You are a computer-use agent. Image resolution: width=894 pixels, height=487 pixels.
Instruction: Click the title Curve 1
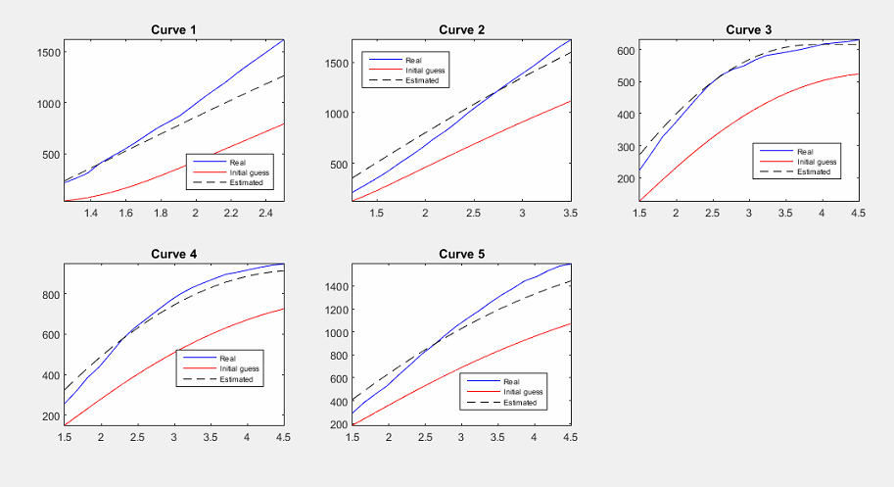tap(173, 29)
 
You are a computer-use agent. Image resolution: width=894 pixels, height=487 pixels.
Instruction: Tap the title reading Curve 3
tap(749, 29)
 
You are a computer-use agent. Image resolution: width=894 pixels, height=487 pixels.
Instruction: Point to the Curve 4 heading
tap(173, 254)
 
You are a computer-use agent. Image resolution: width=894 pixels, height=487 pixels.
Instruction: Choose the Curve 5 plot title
tap(461, 254)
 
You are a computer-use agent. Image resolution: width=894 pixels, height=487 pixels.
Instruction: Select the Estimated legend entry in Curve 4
tap(236, 379)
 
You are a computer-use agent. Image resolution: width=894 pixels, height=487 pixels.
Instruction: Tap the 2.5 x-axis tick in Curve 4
tap(137, 437)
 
